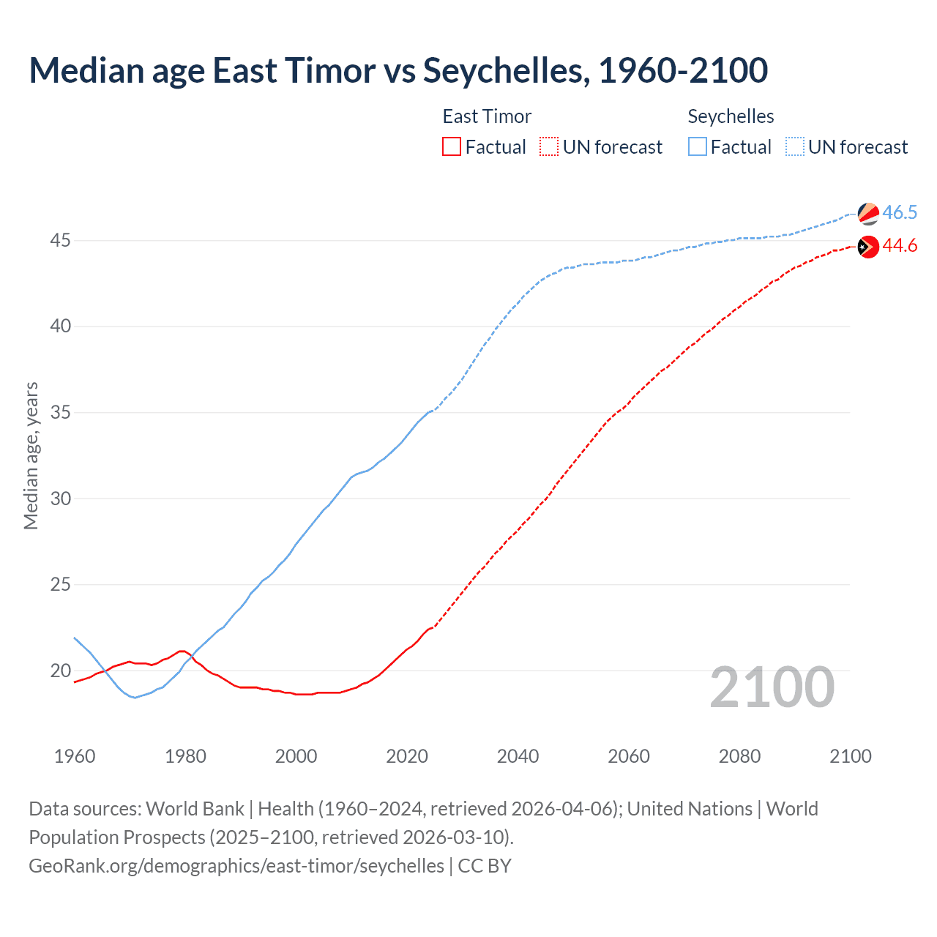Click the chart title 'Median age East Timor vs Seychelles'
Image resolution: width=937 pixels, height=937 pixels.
[398, 70]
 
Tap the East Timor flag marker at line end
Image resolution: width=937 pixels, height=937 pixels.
[868, 247]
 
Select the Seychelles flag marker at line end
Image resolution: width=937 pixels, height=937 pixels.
[868, 214]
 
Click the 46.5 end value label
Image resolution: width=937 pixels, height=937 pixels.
[900, 213]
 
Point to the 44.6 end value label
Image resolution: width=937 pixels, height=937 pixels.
[900, 246]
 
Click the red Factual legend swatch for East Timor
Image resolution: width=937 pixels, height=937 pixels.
[452, 147]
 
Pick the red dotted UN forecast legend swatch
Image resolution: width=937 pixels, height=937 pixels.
[549, 147]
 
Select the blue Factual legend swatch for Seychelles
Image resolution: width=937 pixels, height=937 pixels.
[698, 147]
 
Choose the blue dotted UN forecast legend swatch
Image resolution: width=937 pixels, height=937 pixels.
[795, 147]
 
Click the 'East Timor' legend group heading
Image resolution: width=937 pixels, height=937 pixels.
[487, 116]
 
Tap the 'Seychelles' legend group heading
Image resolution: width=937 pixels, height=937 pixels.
[731, 116]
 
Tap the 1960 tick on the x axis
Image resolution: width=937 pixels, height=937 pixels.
[75, 756]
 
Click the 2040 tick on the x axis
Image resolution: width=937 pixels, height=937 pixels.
[518, 756]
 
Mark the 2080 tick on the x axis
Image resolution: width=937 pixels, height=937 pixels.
[739, 756]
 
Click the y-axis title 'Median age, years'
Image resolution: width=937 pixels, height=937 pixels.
[31, 455]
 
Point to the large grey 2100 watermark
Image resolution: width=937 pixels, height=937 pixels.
[772, 687]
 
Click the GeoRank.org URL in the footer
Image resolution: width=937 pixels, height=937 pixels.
[236, 866]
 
